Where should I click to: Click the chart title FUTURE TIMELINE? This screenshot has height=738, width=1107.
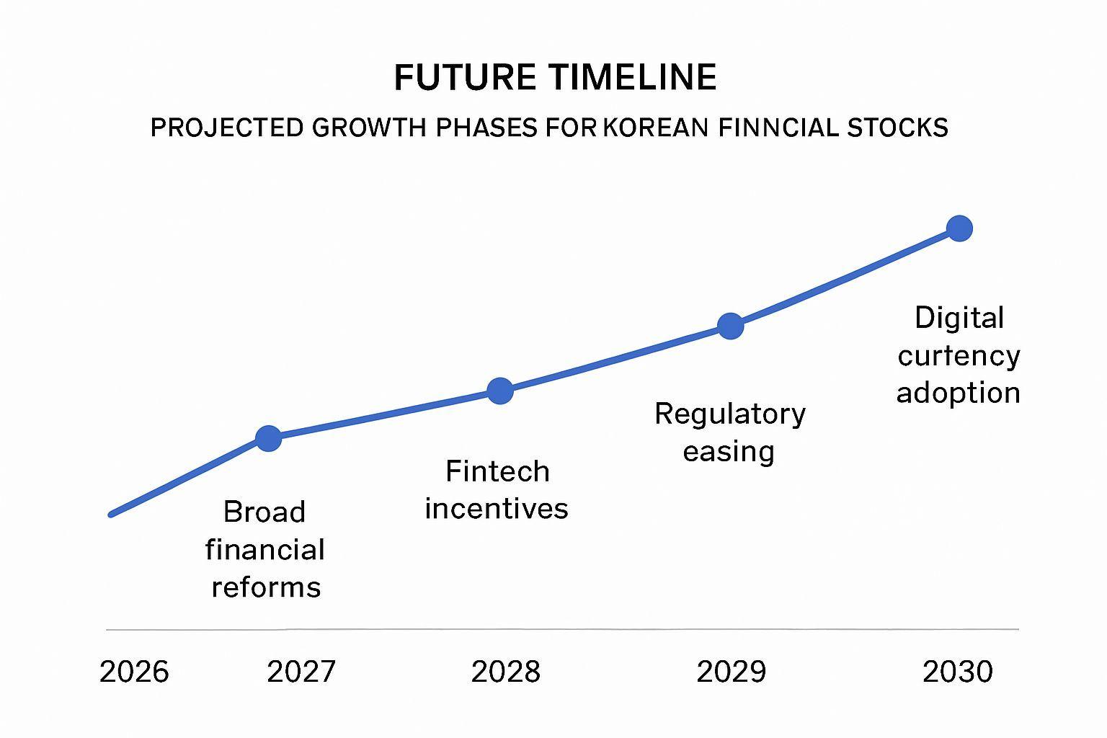click(x=555, y=78)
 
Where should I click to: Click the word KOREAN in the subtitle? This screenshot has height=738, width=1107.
click(x=655, y=128)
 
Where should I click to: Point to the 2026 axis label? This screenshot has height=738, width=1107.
click(x=134, y=672)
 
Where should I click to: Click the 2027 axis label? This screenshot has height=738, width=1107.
click(x=301, y=672)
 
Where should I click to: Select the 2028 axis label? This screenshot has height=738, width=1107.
click(x=505, y=672)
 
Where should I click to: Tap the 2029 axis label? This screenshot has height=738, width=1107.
click(x=732, y=672)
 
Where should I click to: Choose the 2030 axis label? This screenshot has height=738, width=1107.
click(x=958, y=672)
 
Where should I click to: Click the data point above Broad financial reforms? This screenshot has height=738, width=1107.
click(x=269, y=437)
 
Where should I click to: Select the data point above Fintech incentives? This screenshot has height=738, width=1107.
click(x=500, y=391)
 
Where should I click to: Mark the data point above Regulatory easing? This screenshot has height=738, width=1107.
click(x=730, y=326)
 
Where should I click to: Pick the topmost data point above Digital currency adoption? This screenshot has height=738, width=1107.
click(x=959, y=228)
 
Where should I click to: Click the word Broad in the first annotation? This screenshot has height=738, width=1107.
click(x=264, y=512)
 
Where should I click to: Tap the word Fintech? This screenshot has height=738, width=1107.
click(x=497, y=471)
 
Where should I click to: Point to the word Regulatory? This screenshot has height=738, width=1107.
click(x=730, y=414)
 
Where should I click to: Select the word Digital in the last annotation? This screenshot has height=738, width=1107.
click(x=959, y=318)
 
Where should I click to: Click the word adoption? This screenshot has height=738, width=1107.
click(x=958, y=394)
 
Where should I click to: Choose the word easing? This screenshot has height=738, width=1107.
click(x=729, y=452)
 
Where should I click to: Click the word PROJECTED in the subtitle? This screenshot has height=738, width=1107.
click(x=226, y=128)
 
